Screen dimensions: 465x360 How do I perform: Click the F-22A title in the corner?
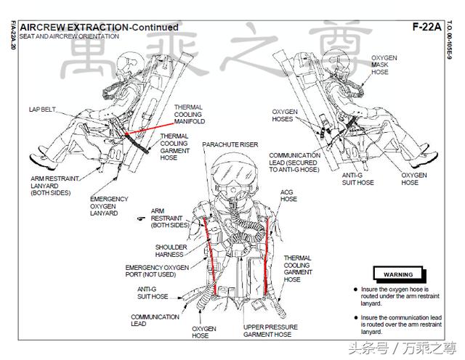(426, 27)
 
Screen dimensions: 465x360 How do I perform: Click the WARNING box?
(399, 274)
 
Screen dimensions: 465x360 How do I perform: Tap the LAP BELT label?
(42, 110)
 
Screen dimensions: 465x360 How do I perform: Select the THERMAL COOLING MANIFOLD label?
(190, 115)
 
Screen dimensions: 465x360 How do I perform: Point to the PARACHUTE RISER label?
(230, 144)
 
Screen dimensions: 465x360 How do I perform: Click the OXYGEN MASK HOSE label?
(384, 65)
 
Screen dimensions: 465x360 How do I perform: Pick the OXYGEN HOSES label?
(285, 115)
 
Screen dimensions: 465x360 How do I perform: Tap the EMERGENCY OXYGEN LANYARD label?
(109, 206)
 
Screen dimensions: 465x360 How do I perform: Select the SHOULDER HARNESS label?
(171, 250)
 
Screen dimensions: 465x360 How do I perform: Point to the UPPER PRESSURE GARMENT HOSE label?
(270, 331)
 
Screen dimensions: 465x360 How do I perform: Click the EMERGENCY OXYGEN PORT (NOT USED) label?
(157, 271)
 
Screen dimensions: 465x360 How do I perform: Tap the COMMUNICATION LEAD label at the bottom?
(155, 320)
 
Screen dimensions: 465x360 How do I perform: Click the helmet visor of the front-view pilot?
(234, 173)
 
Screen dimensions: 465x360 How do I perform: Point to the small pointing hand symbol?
(141, 218)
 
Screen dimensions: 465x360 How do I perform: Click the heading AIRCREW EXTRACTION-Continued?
(99, 28)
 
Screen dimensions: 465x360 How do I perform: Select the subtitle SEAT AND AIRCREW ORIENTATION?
(69, 36)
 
